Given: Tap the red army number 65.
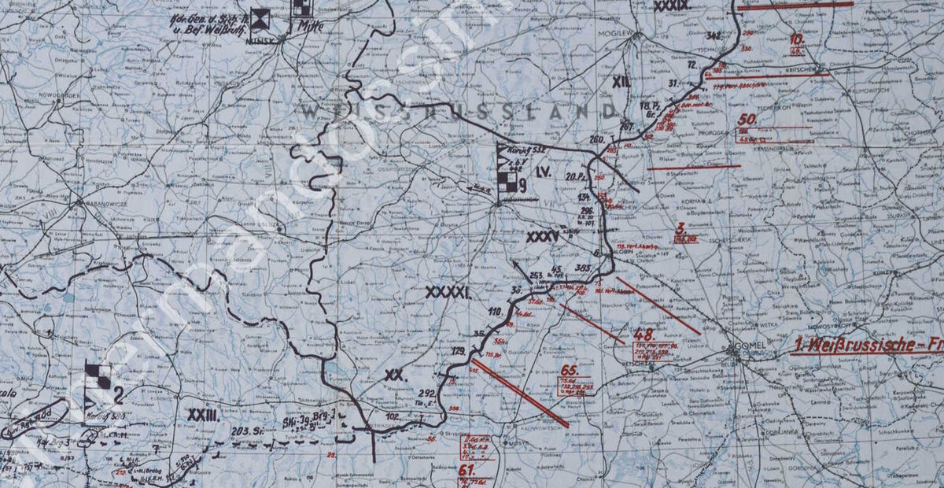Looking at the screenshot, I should (569, 369).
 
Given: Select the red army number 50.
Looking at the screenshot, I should (747, 120).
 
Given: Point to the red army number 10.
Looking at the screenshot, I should (796, 39).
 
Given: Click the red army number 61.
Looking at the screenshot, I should (466, 470).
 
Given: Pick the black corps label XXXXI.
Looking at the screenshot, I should (448, 293).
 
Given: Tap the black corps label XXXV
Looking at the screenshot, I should (543, 235).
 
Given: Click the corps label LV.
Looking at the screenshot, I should (542, 171).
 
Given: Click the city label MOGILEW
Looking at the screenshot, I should (617, 35).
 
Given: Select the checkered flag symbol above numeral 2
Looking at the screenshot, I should (98, 375).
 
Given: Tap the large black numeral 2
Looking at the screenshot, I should (118, 394).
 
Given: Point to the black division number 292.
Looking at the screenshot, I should (427, 393).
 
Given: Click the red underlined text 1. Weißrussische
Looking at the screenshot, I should (857, 345).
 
